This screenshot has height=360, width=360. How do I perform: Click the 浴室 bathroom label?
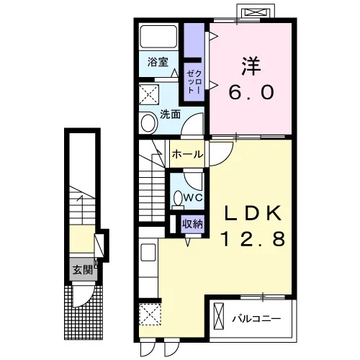coord(158,63)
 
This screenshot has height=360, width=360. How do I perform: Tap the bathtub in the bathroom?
coord(158,37)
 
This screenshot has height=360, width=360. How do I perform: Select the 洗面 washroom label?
coord(170,114)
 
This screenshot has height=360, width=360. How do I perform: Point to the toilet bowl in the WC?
coord(178,199)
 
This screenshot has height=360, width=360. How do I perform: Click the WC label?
coord(193,198)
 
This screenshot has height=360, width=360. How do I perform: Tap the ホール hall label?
coord(187,154)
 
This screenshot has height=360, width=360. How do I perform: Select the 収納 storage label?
coord(192,224)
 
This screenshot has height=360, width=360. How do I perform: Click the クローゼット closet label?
coord(194,81)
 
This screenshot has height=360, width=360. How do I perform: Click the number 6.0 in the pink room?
coord(251,92)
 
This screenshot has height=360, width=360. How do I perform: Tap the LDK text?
coord(253,213)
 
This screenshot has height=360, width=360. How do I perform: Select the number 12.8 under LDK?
coord(253,239)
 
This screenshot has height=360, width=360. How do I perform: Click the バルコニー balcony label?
coord(256,319)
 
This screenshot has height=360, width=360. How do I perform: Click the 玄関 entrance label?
coord(82,271)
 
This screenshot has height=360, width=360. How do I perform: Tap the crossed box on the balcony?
coord(219,317)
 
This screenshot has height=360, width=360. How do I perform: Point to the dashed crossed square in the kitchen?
coord(150,315)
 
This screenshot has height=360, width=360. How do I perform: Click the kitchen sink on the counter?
coord(148,253)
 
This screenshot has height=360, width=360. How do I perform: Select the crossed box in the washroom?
coord(149,94)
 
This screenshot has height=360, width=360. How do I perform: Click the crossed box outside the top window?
coord(256,12)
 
